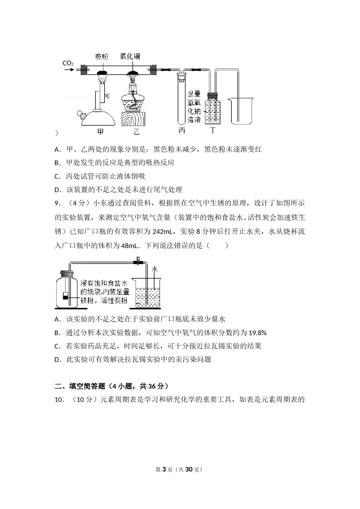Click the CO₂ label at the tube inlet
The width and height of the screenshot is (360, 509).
coord(68,63)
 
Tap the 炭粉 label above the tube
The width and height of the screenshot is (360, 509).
coord(102,57)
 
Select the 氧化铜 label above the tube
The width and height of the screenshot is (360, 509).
coord(130,56)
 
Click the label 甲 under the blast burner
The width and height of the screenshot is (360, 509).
coord(100,132)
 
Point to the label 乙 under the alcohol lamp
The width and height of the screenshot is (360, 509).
coord(136,132)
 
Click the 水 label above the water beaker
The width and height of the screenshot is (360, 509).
coord(154,269)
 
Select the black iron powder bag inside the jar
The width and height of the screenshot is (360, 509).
coord(66,297)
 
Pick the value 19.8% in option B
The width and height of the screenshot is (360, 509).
coord(258,333)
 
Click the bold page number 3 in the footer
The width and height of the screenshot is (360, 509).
coord(164,470)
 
